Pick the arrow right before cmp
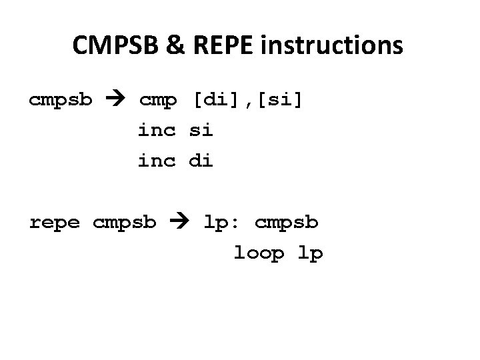(119, 100)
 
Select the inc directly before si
(157, 131)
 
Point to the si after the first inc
(201, 131)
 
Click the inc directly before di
(157, 161)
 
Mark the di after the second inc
(201, 161)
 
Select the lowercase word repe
(54, 222)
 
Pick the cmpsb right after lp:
(287, 223)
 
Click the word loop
(259, 253)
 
